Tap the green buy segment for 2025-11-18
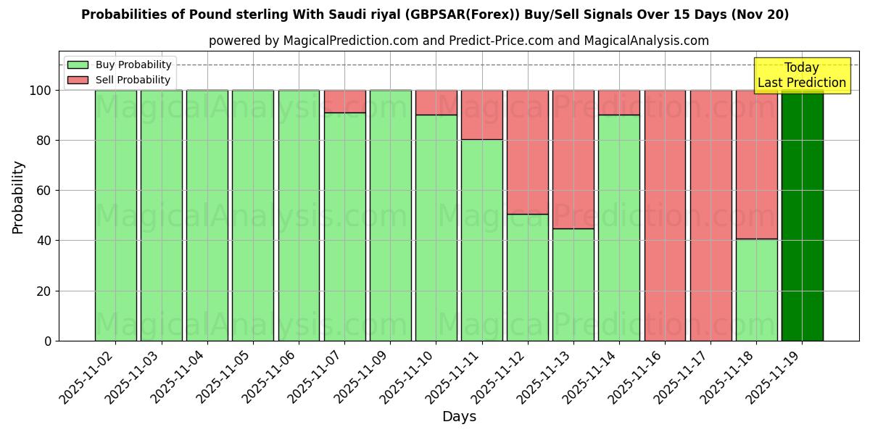click(x=756, y=289)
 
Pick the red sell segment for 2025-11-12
click(x=528, y=152)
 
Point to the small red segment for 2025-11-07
click(x=345, y=101)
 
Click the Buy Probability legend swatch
click(x=78, y=65)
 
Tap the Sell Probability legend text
click(x=133, y=80)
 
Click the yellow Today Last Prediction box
click(x=802, y=75)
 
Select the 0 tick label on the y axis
click(x=48, y=341)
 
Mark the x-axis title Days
click(x=459, y=417)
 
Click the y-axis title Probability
click(x=18, y=197)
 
